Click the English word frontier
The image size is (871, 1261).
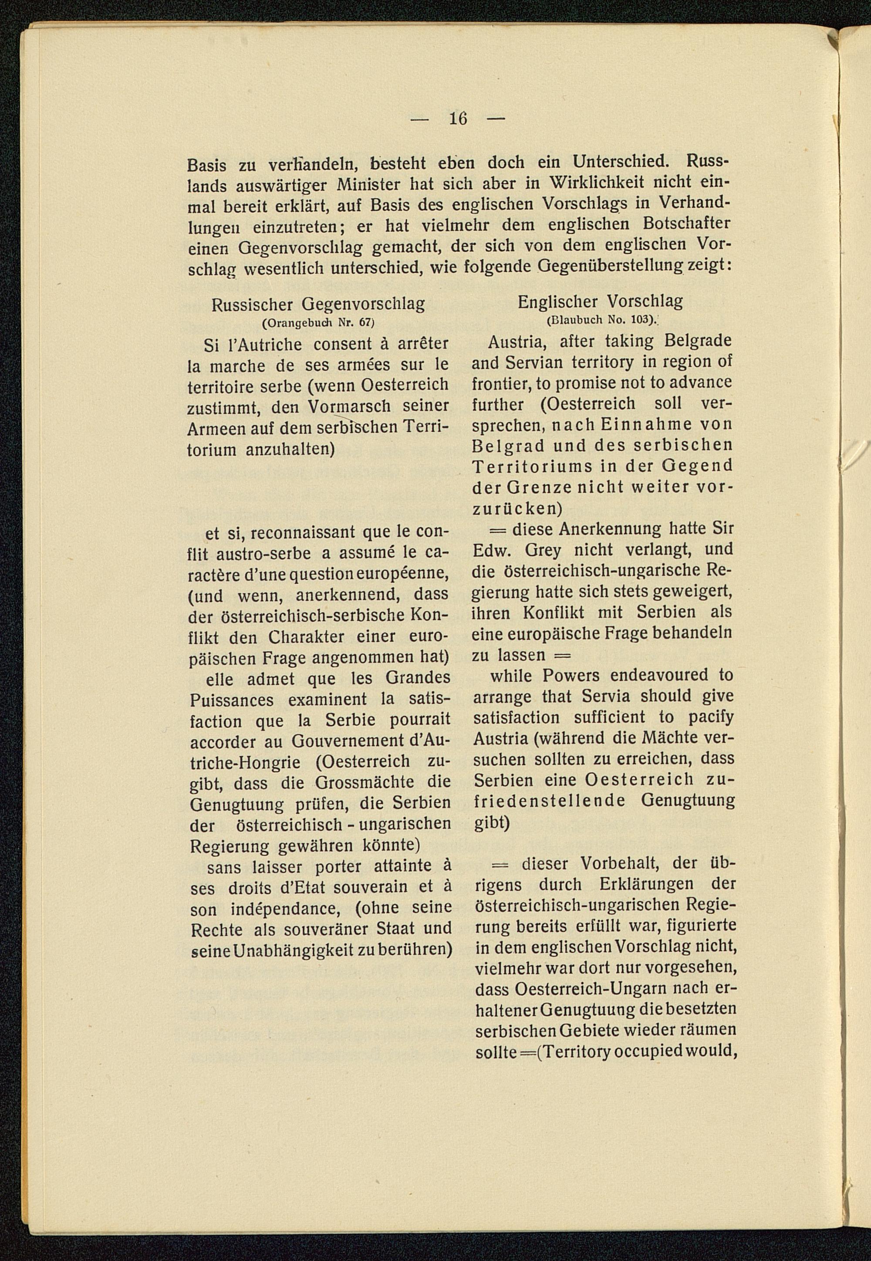tap(500, 383)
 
